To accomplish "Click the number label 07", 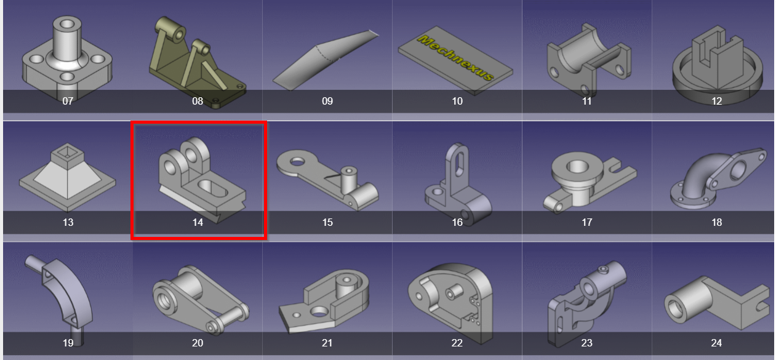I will tap(68, 101).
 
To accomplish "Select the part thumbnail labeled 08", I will tap(197, 58).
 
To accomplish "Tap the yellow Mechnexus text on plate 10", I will tap(455, 58).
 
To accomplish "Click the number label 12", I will tap(716, 101).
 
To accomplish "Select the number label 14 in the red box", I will tap(198, 222).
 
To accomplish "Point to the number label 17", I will tap(586, 222).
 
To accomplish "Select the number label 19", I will tap(68, 343).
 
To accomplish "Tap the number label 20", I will tap(198, 343).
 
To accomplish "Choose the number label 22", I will tap(457, 343).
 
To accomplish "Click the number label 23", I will tap(586, 343).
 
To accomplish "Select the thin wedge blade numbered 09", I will tap(326, 58).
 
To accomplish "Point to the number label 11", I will tap(586, 101).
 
